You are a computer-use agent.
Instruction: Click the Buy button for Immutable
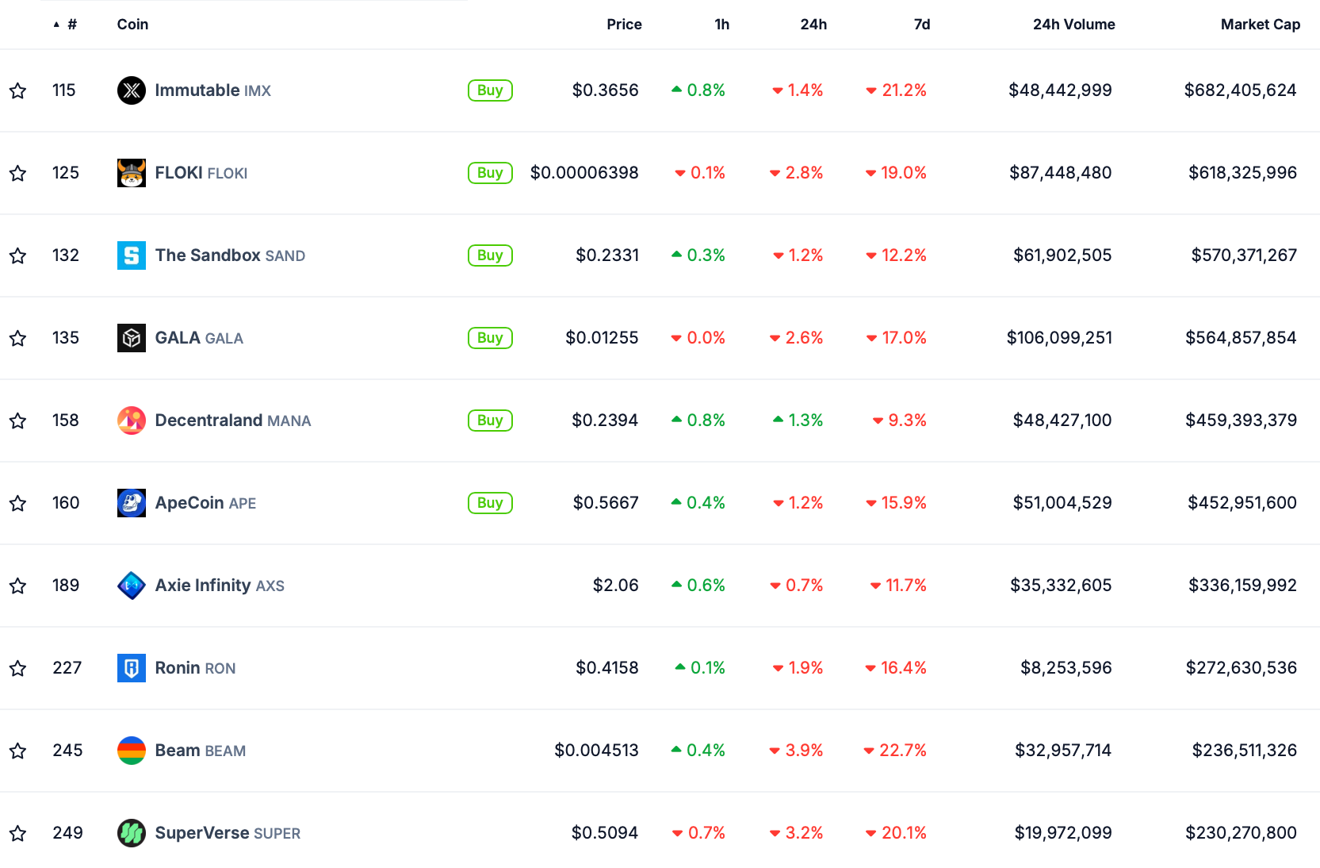[490, 90]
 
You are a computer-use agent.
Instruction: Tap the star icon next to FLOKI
[18, 173]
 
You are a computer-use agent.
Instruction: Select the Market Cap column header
[1260, 25]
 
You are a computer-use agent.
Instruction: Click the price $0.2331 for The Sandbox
[606, 255]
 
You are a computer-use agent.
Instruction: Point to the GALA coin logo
[132, 338]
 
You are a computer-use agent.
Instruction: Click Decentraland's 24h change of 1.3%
[805, 421]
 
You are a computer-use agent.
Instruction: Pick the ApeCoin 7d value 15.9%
[903, 503]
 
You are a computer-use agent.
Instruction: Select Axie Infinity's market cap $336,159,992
[1242, 586]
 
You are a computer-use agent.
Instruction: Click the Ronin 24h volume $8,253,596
[1066, 668]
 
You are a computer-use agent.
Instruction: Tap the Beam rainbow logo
[132, 751]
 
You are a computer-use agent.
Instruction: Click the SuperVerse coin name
[202, 833]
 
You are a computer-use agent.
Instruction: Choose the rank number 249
[67, 833]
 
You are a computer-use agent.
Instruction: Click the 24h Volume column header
[1073, 25]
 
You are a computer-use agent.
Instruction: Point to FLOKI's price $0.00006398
[584, 173]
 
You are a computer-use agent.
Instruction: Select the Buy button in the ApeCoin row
[490, 503]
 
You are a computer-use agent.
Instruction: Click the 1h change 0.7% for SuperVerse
[706, 833]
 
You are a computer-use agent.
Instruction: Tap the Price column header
[624, 25]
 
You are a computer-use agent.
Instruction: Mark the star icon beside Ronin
[18, 668]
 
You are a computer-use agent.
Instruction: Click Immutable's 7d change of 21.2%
[903, 90]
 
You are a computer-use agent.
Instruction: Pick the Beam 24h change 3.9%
[803, 751]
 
